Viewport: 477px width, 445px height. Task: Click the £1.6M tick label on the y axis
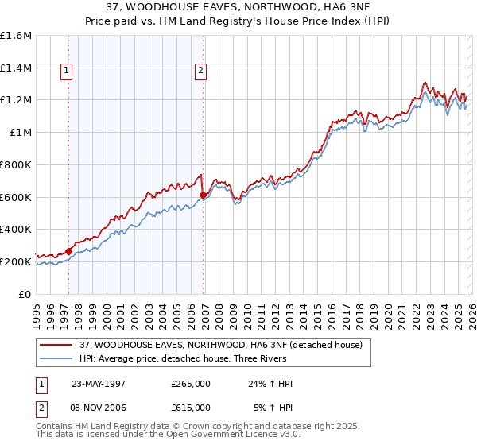[15, 36]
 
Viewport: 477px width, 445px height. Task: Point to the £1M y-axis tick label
[20, 133]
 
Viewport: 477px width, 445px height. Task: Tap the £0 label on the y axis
[25, 294]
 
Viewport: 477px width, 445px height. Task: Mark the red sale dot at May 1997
[69, 251]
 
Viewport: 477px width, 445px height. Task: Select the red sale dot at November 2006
[203, 195]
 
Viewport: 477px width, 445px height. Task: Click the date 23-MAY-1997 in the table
[99, 384]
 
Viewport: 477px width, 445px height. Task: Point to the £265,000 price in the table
[191, 384]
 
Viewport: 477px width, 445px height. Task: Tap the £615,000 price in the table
[191, 407]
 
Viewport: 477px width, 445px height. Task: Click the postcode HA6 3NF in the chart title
[328, 7]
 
